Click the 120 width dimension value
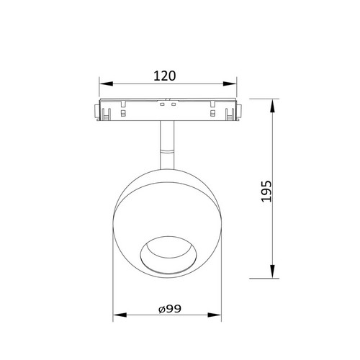pos(165,76)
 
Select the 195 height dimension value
pos(266,191)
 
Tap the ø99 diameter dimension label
pos(170,309)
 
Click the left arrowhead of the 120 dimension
pos(106,84)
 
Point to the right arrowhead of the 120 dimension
pos(230,84)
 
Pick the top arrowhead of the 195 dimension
pos(272,106)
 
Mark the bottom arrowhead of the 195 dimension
pos(272,271)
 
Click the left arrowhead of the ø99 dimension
pos(120,315)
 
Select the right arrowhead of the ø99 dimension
pos(215,315)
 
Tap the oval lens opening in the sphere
pos(168,255)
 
